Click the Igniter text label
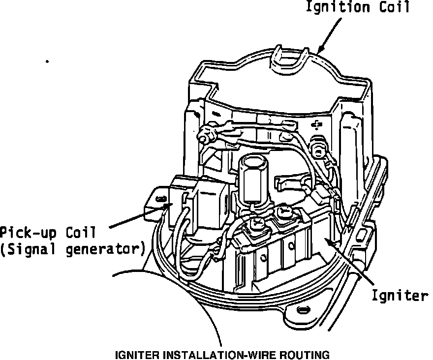coord(400,296)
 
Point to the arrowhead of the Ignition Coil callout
coord(320,50)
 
